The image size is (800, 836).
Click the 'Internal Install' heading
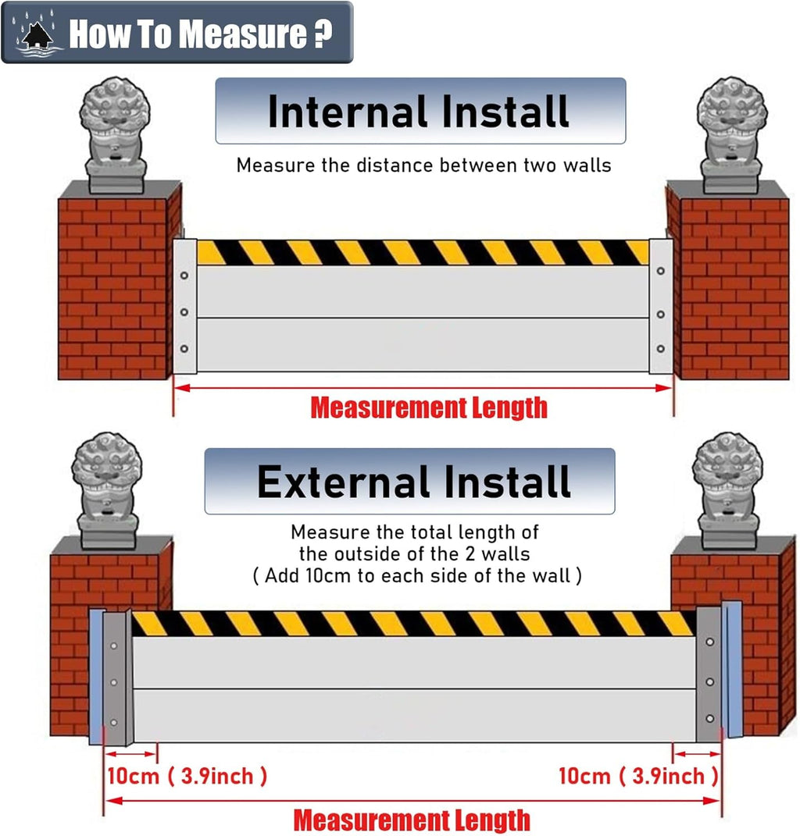coord(420,111)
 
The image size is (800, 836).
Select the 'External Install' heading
coord(414,481)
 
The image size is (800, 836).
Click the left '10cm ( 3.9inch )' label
coord(187,776)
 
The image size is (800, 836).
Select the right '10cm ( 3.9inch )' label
coord(637,776)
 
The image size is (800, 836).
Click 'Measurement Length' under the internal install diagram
coord(429,407)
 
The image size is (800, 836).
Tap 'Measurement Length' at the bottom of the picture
coord(412,820)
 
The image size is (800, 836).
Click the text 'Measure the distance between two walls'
coord(423,165)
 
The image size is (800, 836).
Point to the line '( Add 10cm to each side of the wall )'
coord(416,576)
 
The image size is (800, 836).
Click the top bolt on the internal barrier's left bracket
coord(184,276)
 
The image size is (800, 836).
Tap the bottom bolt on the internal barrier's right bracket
coord(661,348)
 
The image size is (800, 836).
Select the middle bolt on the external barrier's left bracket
coord(115,683)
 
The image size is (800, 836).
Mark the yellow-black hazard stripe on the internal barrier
coord(422,252)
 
